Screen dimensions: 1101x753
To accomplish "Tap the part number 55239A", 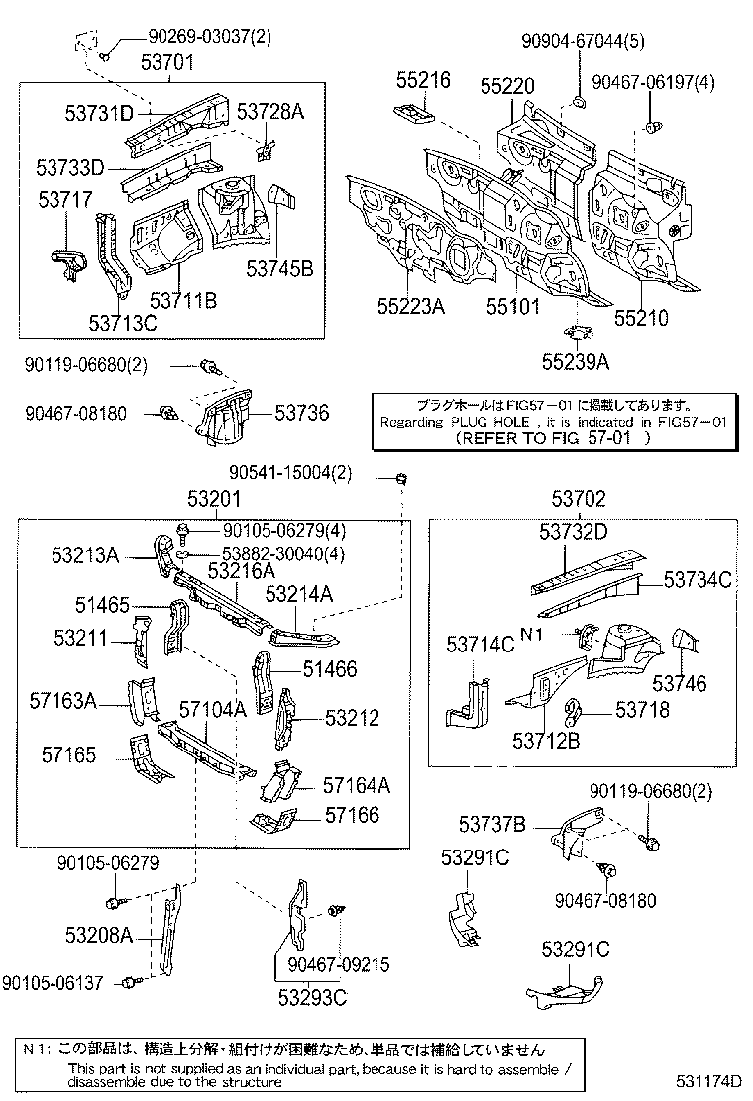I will tap(576, 361).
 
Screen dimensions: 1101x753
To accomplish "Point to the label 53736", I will tap(301, 413).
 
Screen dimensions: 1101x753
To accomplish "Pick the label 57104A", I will tap(212, 708).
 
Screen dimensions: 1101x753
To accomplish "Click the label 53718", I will tap(642, 709).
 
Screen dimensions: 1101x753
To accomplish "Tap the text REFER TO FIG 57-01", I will tap(553, 440).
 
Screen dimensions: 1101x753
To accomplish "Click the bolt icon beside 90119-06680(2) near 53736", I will tap(209, 367).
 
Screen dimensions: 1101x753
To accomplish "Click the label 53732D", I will tap(573, 532).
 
